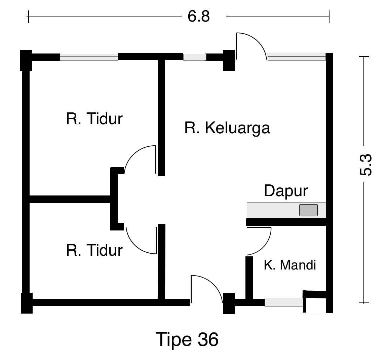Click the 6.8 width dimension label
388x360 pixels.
pyautogui.click(x=198, y=16)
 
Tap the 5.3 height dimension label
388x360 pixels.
pyautogui.click(x=366, y=165)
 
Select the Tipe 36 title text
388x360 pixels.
pyautogui.click(x=187, y=340)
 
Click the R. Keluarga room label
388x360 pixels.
pyautogui.click(x=227, y=128)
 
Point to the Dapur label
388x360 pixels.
pyautogui.click(x=286, y=191)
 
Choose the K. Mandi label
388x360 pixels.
pyautogui.click(x=290, y=265)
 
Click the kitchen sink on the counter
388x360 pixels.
pyautogui.click(x=308, y=210)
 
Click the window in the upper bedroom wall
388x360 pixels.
pyautogui.click(x=89, y=57)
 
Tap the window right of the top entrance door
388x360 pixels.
pyautogui.click(x=297, y=57)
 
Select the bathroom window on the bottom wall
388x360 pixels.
pyautogui.click(x=284, y=302)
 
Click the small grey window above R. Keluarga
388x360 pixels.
pyautogui.click(x=195, y=57)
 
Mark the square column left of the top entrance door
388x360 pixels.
pyautogui.click(x=229, y=61)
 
